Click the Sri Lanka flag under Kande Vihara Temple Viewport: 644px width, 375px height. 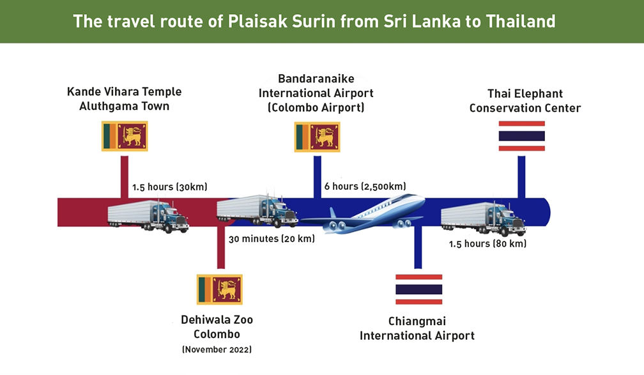tap(125, 136)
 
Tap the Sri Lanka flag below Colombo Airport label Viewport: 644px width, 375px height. tap(317, 137)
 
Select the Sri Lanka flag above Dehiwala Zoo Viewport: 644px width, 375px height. tap(220, 289)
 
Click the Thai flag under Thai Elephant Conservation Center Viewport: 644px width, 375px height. tap(521, 136)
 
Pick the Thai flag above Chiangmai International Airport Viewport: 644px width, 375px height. tap(419, 289)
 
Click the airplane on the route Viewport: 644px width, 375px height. tap(363, 215)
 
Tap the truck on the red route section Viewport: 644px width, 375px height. tap(148, 216)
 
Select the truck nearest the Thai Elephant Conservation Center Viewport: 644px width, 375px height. tap(484, 218)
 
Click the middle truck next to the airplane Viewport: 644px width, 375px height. tap(257, 210)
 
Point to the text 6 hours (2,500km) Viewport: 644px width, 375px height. tap(365, 187)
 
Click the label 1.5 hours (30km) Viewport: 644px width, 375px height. tap(170, 187)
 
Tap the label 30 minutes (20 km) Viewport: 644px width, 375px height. tap(272, 239)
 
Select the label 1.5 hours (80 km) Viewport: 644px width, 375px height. tap(487, 244)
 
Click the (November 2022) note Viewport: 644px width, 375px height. tap(217, 349)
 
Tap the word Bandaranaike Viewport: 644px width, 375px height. tap(316, 79)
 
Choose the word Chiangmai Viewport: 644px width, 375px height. tap(417, 321)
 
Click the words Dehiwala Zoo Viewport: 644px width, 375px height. tap(217, 319)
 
